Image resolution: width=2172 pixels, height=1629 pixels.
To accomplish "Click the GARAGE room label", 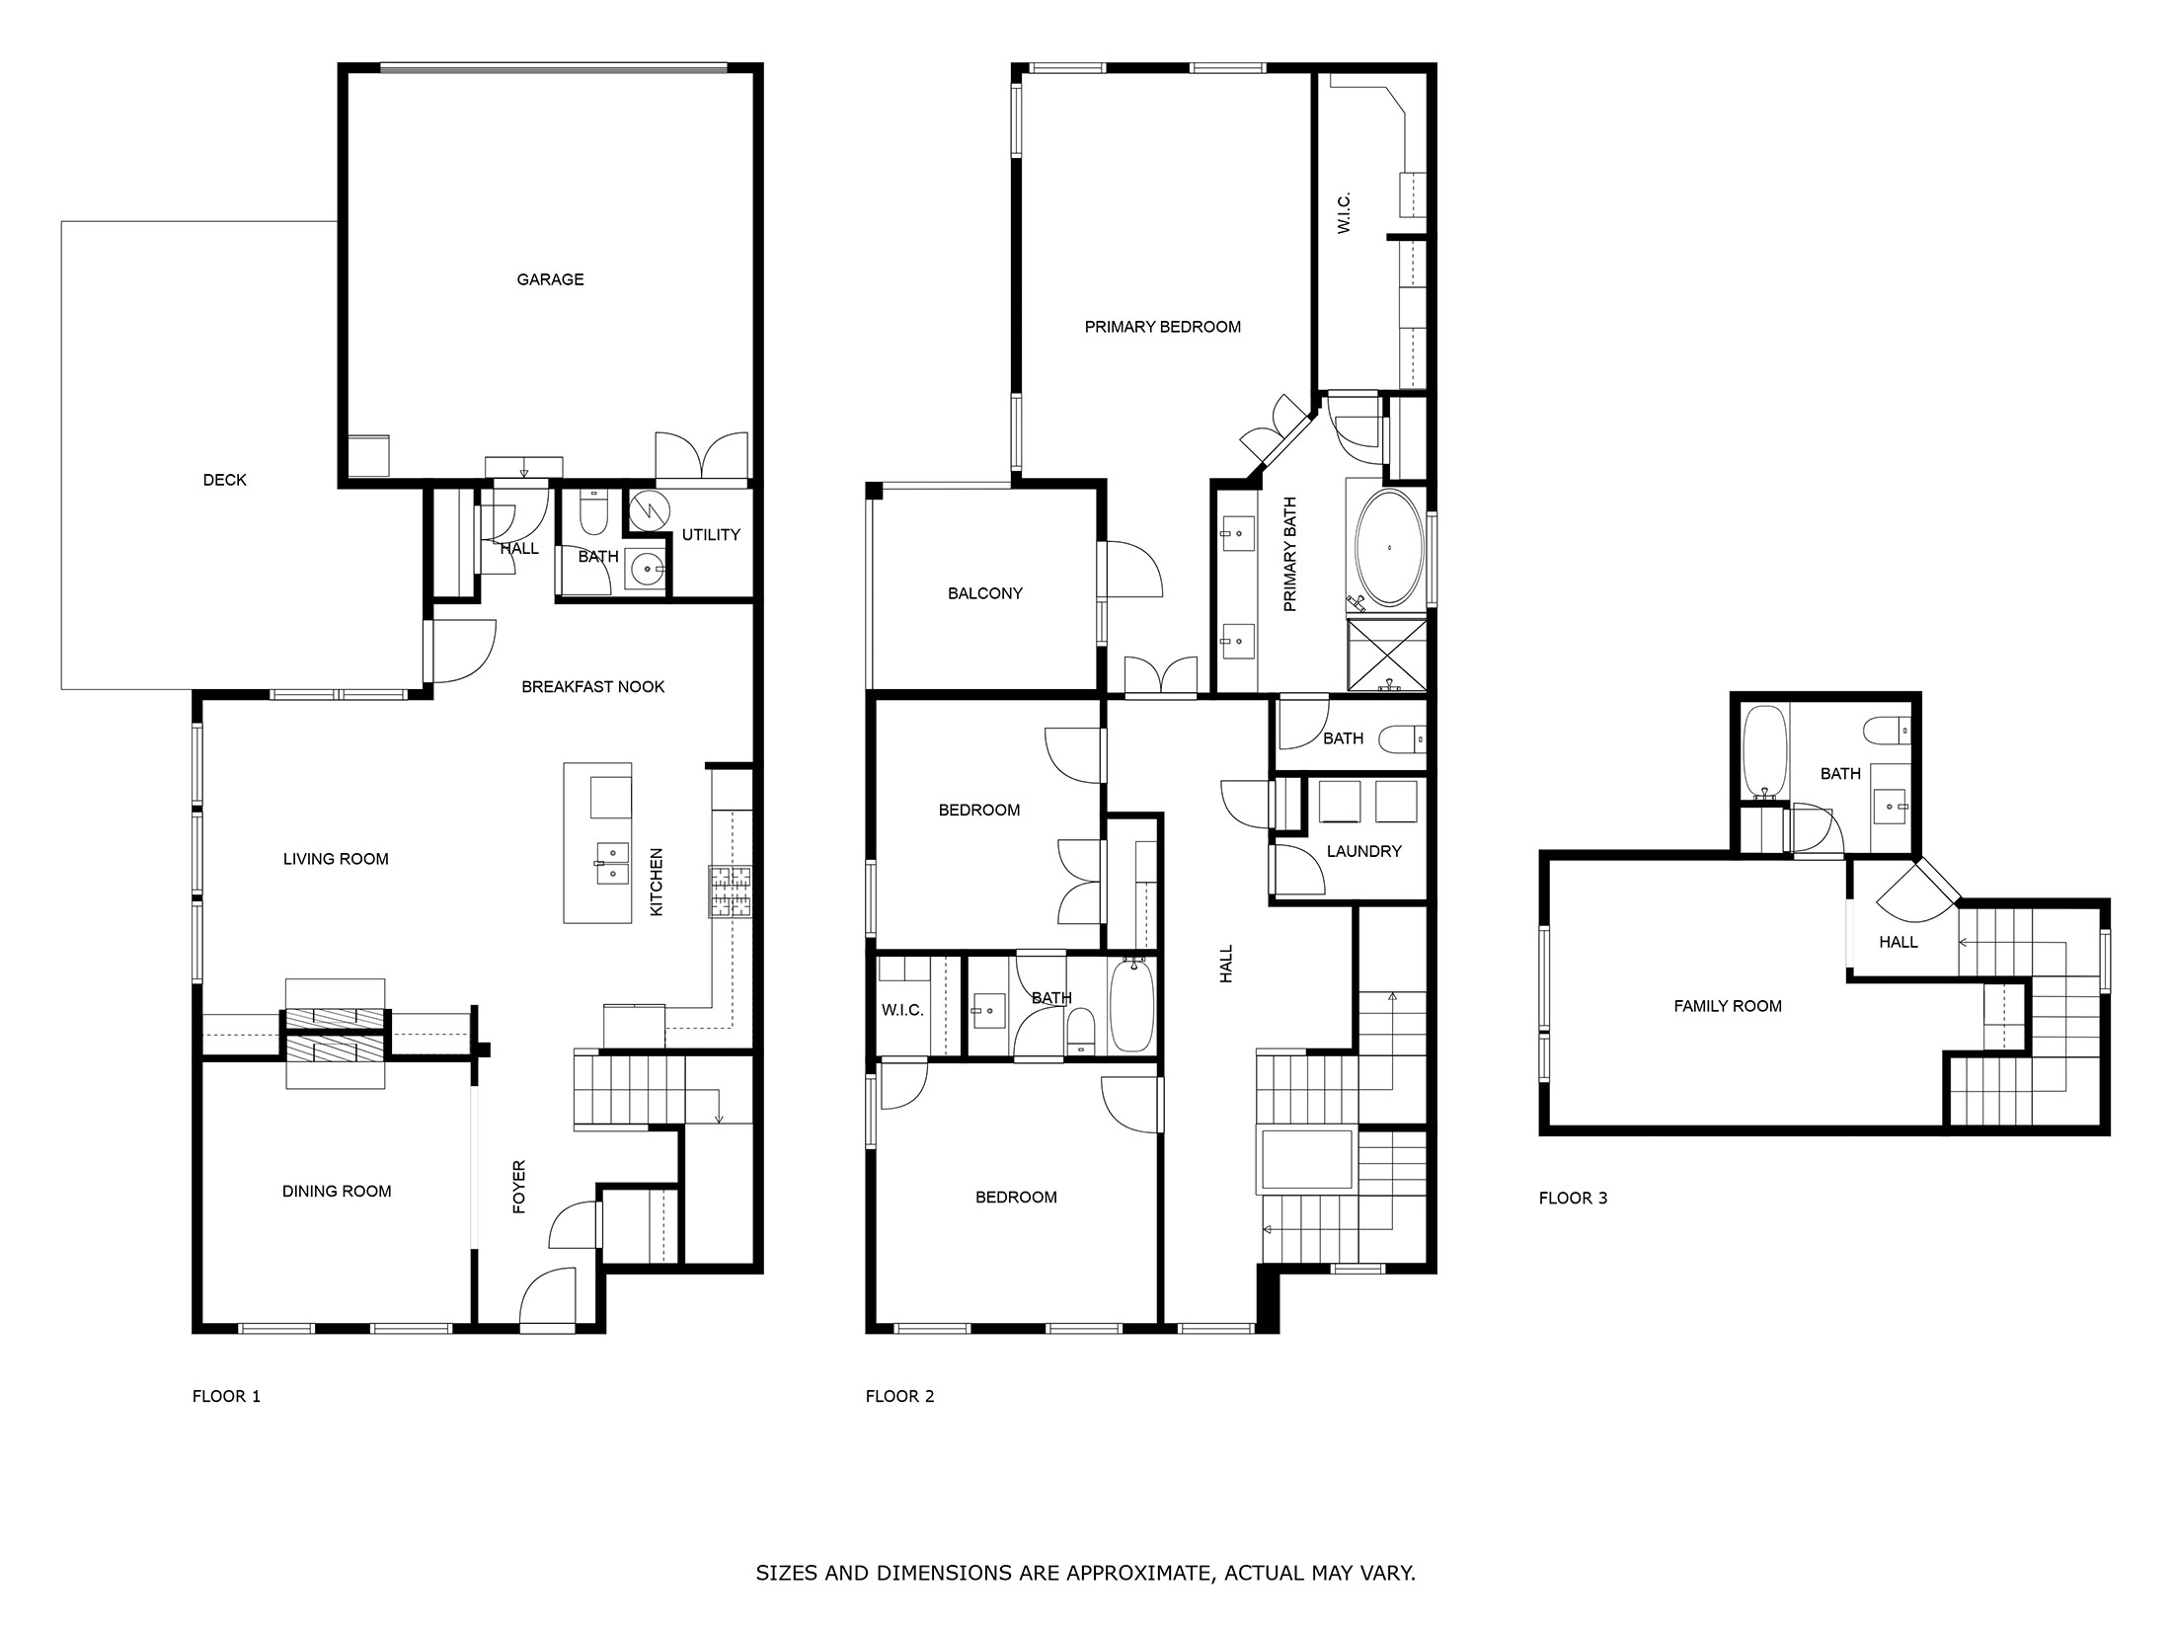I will pos(550,279).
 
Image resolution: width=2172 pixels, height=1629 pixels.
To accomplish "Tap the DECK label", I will pos(224,480).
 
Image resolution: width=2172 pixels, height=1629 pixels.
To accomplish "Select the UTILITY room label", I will pos(711,534).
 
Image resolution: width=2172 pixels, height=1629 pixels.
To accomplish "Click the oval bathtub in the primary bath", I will pos(1389,547).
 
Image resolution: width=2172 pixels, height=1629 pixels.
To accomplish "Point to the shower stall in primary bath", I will pos(1387,655).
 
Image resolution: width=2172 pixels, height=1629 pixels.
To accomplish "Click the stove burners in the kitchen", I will pos(730,892).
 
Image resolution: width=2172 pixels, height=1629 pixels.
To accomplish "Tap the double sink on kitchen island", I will pos(612,862).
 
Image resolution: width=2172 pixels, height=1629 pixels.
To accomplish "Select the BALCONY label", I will pos(984,593).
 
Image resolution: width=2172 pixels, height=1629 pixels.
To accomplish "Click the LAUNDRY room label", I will pos(1363,851).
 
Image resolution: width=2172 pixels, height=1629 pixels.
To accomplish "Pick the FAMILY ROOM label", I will pos(1727,1006).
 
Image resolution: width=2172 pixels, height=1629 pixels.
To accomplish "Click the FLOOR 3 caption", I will pos(1573,1198).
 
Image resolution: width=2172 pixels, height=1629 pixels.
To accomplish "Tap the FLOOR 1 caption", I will pos(226,1396).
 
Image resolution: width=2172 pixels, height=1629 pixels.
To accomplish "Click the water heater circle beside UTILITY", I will pos(649,510).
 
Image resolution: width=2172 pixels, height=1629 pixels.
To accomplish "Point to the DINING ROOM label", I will pos(337,1191).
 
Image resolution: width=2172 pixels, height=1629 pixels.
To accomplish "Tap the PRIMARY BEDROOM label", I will pos(1162,327).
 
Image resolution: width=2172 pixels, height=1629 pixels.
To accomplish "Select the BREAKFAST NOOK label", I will pos(592,686).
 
